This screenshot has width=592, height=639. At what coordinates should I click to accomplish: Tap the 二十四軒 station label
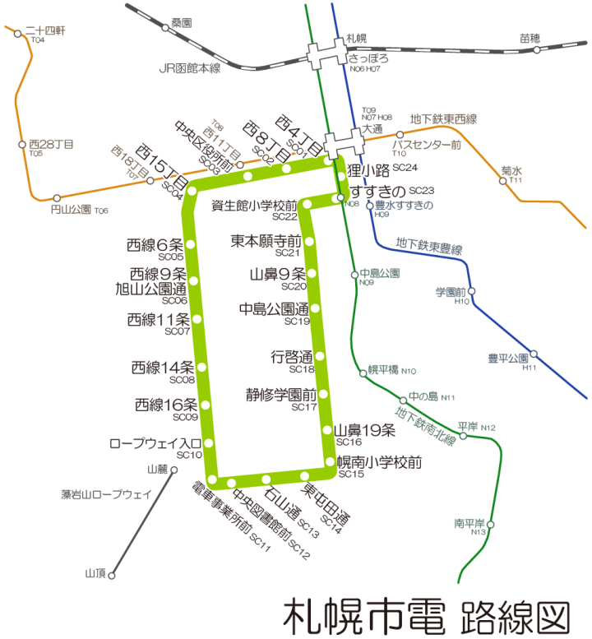[x=50, y=30]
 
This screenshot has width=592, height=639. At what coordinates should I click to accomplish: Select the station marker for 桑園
[x=165, y=28]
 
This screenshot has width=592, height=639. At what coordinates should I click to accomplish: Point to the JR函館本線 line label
[x=189, y=69]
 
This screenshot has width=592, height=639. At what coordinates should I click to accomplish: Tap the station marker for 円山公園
[x=57, y=197]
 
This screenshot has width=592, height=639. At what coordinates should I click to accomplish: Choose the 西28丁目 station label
[x=51, y=144]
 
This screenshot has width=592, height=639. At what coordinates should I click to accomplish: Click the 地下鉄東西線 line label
[x=443, y=119]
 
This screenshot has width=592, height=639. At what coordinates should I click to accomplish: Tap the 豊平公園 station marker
[x=534, y=354]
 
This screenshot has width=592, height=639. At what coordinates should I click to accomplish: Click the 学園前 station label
[x=451, y=292]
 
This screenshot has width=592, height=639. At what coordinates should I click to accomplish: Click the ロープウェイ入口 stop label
[x=155, y=444]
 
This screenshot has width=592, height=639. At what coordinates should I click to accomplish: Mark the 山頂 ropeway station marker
[x=113, y=575]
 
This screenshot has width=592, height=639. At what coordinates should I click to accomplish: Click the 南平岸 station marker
[x=491, y=523]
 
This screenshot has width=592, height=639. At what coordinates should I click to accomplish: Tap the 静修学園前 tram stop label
[x=281, y=394]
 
